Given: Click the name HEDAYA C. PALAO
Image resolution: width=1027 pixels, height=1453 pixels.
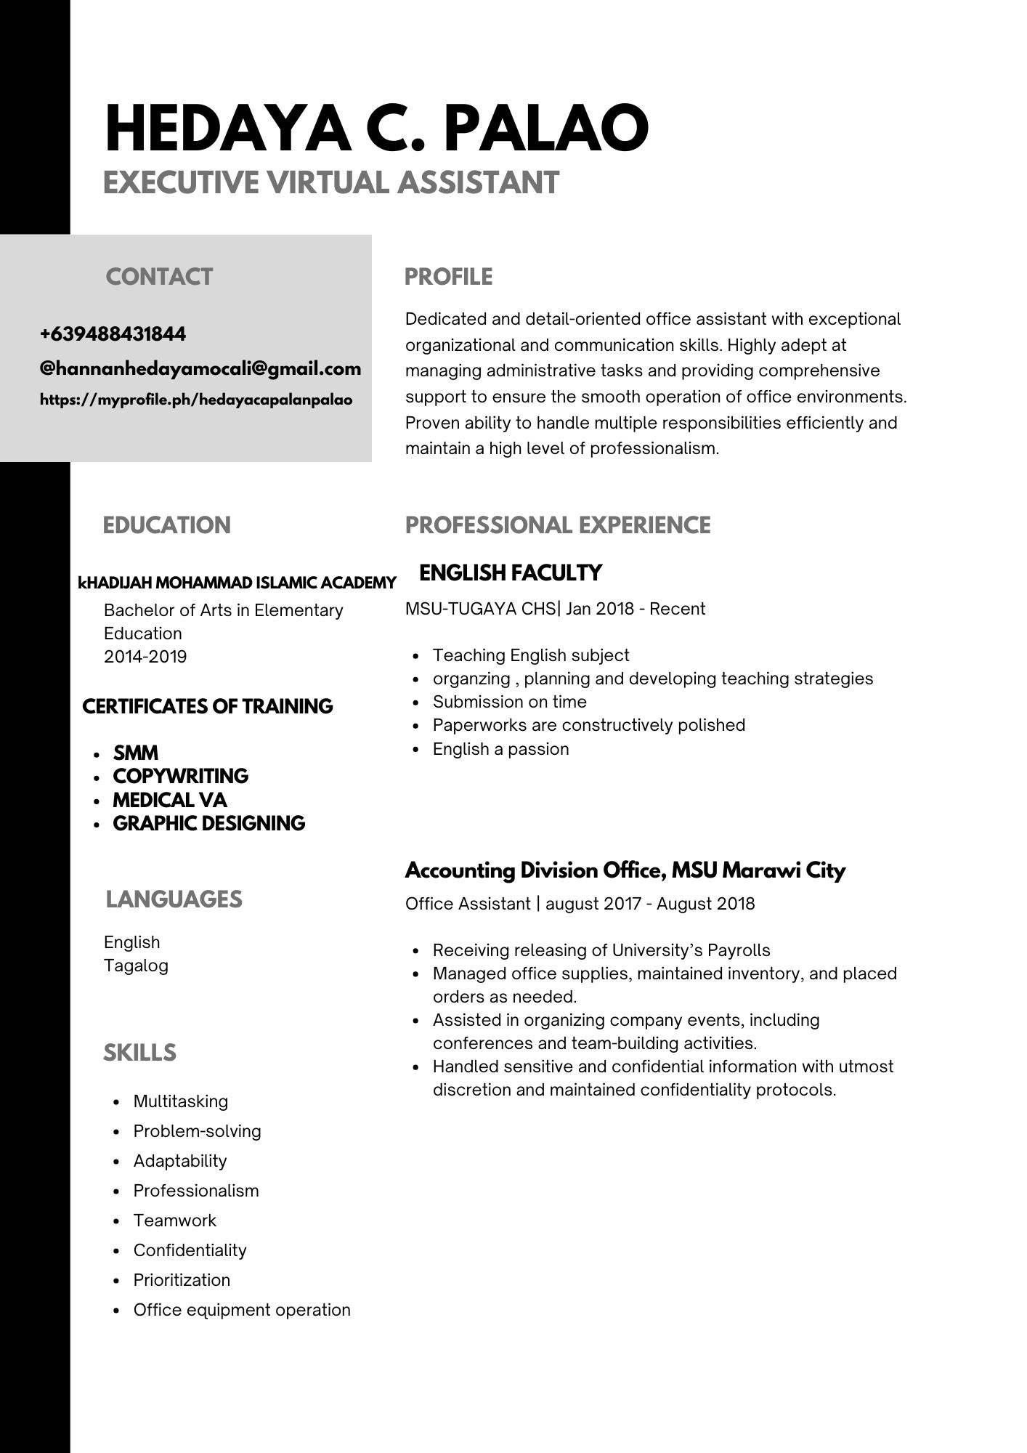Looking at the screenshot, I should tap(376, 128).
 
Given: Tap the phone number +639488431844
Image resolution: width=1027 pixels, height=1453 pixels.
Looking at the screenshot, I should tap(113, 334).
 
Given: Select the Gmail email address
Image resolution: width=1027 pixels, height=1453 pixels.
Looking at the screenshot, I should tap(200, 368).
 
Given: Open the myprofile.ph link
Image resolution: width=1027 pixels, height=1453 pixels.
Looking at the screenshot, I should tap(196, 400).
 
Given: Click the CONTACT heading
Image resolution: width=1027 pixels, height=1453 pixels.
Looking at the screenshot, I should tap(159, 277).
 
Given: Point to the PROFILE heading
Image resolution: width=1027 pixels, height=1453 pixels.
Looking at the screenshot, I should tap(448, 277).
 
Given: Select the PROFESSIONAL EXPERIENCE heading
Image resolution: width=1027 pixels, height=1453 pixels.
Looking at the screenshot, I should tap(558, 525).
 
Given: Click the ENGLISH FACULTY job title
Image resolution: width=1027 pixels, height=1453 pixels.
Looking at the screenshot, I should tap(511, 572).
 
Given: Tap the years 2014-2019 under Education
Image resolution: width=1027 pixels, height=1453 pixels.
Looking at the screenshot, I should tap(145, 657).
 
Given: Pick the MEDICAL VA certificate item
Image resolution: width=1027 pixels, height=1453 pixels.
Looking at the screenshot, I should tap(170, 800).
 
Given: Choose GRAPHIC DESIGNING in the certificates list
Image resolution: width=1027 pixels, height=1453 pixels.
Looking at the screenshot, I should tap(209, 823).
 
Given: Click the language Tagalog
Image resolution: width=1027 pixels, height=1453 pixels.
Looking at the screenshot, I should tap(136, 966).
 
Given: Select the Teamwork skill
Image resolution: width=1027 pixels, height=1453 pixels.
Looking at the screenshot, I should tap(175, 1221).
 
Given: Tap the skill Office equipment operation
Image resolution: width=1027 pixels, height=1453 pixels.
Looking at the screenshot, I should tap(242, 1310).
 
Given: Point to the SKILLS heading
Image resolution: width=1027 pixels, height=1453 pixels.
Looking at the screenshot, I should tap(139, 1053).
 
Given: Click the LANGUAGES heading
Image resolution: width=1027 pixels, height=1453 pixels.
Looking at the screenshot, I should tap(174, 899).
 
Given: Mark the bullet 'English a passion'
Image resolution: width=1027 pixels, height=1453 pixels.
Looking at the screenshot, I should tap(500, 749).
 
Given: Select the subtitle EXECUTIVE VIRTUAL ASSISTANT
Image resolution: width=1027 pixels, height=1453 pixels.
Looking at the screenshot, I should tap(331, 182).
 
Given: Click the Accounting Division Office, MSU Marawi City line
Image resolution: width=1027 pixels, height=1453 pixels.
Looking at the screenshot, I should tap(625, 870).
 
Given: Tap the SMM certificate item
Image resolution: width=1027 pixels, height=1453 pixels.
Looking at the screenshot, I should tap(136, 753).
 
